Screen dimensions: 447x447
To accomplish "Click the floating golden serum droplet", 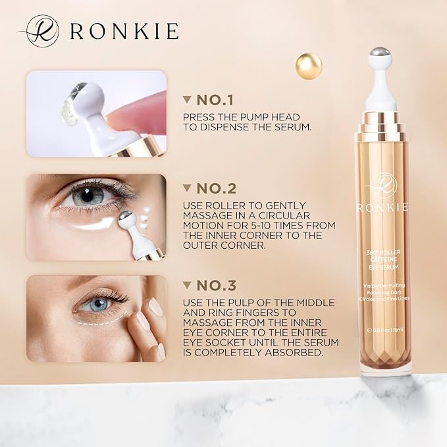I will pyautogui.click(x=309, y=65).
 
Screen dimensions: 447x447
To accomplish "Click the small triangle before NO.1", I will pyautogui.click(x=186, y=99).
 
